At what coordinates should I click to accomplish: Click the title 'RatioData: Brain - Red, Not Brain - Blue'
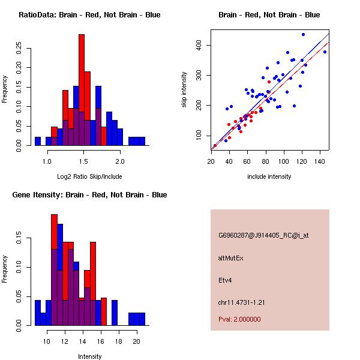89,15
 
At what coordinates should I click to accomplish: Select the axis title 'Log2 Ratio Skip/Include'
89,176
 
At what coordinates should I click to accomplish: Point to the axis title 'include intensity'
269,176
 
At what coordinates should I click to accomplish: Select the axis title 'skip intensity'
184,90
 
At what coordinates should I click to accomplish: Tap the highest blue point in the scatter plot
303,34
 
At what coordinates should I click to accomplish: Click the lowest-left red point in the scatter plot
215,146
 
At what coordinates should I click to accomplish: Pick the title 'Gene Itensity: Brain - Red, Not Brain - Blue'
89,195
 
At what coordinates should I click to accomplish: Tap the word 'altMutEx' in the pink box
231,257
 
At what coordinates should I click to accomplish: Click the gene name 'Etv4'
226,280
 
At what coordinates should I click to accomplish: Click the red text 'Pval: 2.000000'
239,319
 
